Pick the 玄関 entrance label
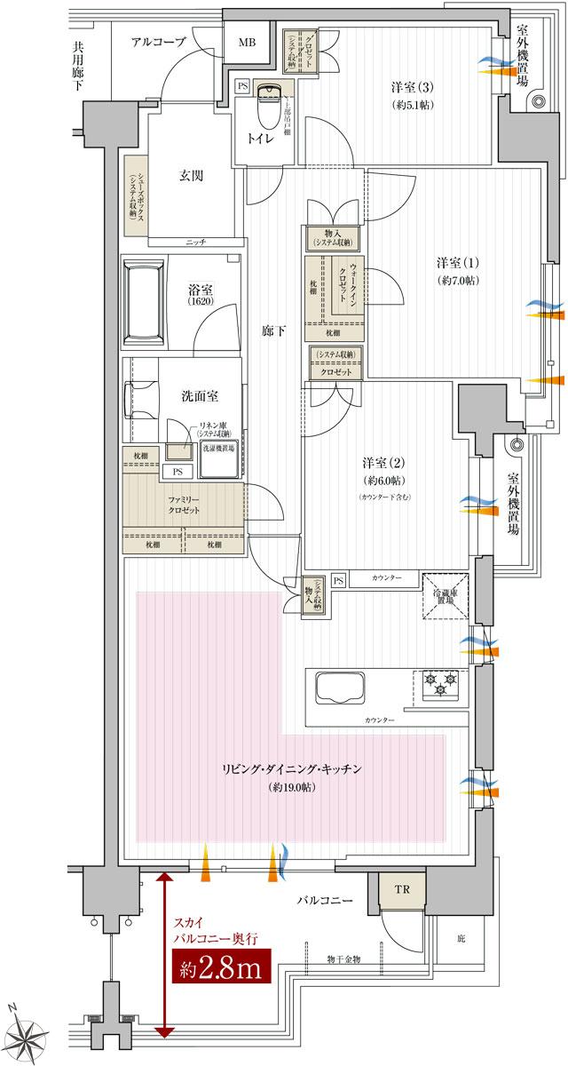coord(192,176)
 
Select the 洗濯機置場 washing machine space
coord(222,449)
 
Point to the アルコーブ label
coord(158,42)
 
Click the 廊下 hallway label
coord(272,330)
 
